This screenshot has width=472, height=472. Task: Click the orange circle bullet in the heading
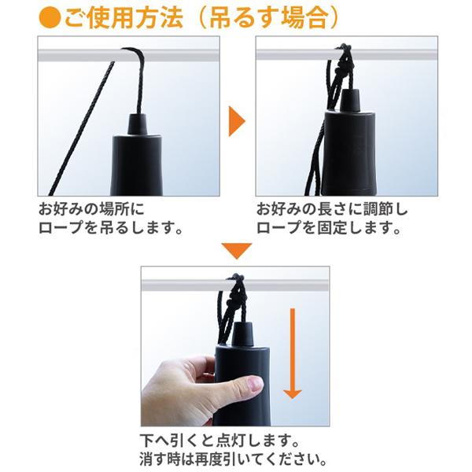coord(50,17)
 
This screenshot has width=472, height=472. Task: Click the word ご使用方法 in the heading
coord(124,17)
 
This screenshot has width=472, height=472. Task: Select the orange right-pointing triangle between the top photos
coord(237,121)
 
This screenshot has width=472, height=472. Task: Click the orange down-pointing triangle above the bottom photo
coord(237,250)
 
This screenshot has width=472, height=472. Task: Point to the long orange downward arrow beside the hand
coord(293,353)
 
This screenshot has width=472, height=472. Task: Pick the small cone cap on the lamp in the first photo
coord(138,124)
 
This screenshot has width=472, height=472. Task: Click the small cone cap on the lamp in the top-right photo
coord(351,100)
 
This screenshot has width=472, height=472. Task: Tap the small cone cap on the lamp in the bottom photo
coord(242,334)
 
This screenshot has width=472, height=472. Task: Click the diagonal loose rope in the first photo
coord(81,128)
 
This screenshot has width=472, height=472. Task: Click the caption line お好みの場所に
coord(91,209)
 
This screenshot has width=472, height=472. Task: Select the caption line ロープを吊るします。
coord(110,227)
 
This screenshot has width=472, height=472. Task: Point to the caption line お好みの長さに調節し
coord(332,209)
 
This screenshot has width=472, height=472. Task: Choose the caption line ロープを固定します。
coord(329,227)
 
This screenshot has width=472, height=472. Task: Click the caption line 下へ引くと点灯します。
coord(219,441)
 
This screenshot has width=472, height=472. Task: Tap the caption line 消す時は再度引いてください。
coord(233,459)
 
